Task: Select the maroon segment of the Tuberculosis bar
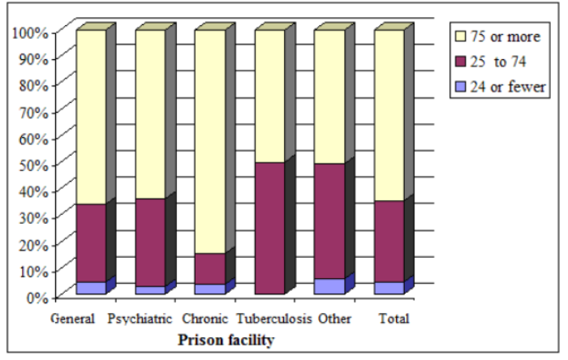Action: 269,228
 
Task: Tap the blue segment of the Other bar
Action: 329,286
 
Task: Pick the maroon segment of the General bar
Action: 91,242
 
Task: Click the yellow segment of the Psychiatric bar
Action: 150,114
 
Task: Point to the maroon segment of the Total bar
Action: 389,241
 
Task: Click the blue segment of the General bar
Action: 91,288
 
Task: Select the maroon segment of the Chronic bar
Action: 210,268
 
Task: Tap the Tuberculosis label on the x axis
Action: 273,319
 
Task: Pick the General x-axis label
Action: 73,319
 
